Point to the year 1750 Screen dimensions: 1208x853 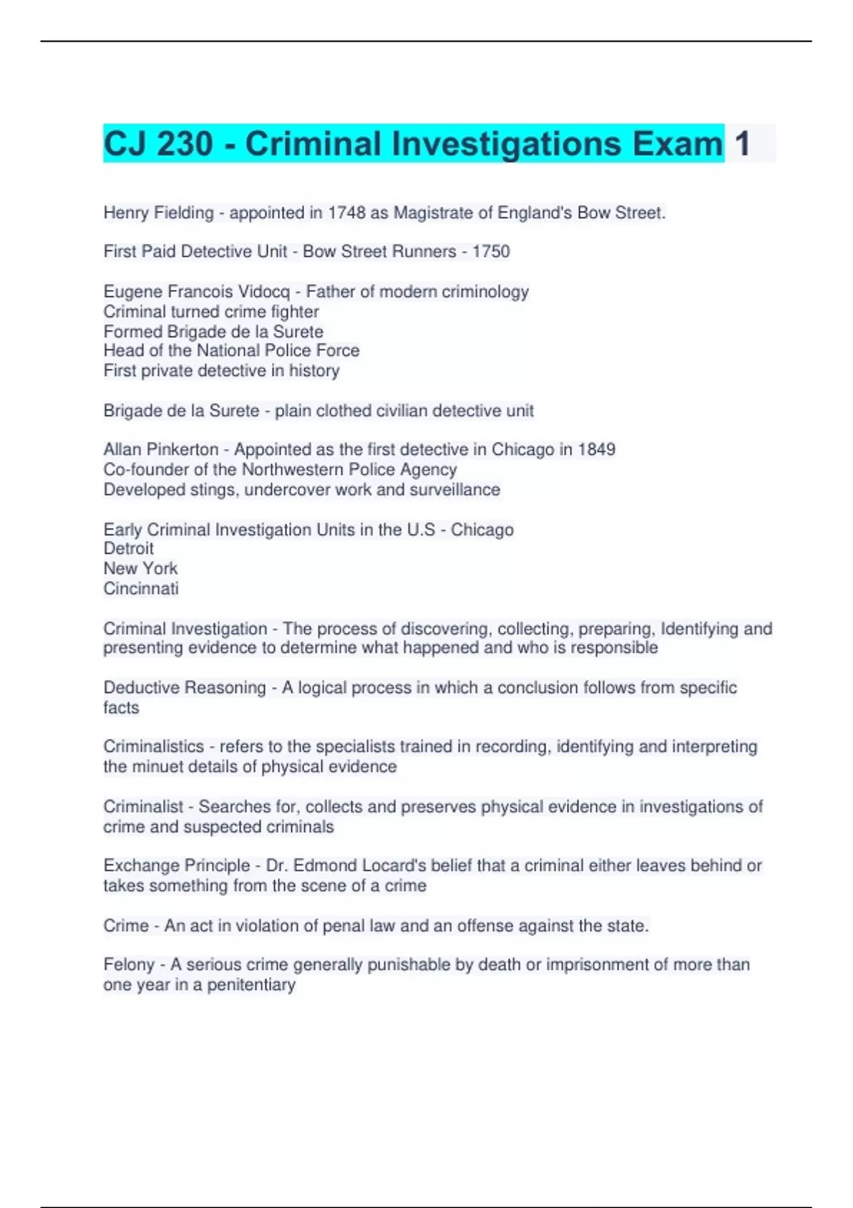(491, 252)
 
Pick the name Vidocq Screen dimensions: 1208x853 (264, 292)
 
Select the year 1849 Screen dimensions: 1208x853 (596, 450)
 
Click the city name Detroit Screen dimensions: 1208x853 (129, 549)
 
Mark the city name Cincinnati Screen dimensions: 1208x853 (141, 588)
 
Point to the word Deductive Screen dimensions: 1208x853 (142, 688)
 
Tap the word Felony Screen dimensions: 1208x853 (129, 964)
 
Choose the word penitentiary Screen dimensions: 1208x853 (251, 985)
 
